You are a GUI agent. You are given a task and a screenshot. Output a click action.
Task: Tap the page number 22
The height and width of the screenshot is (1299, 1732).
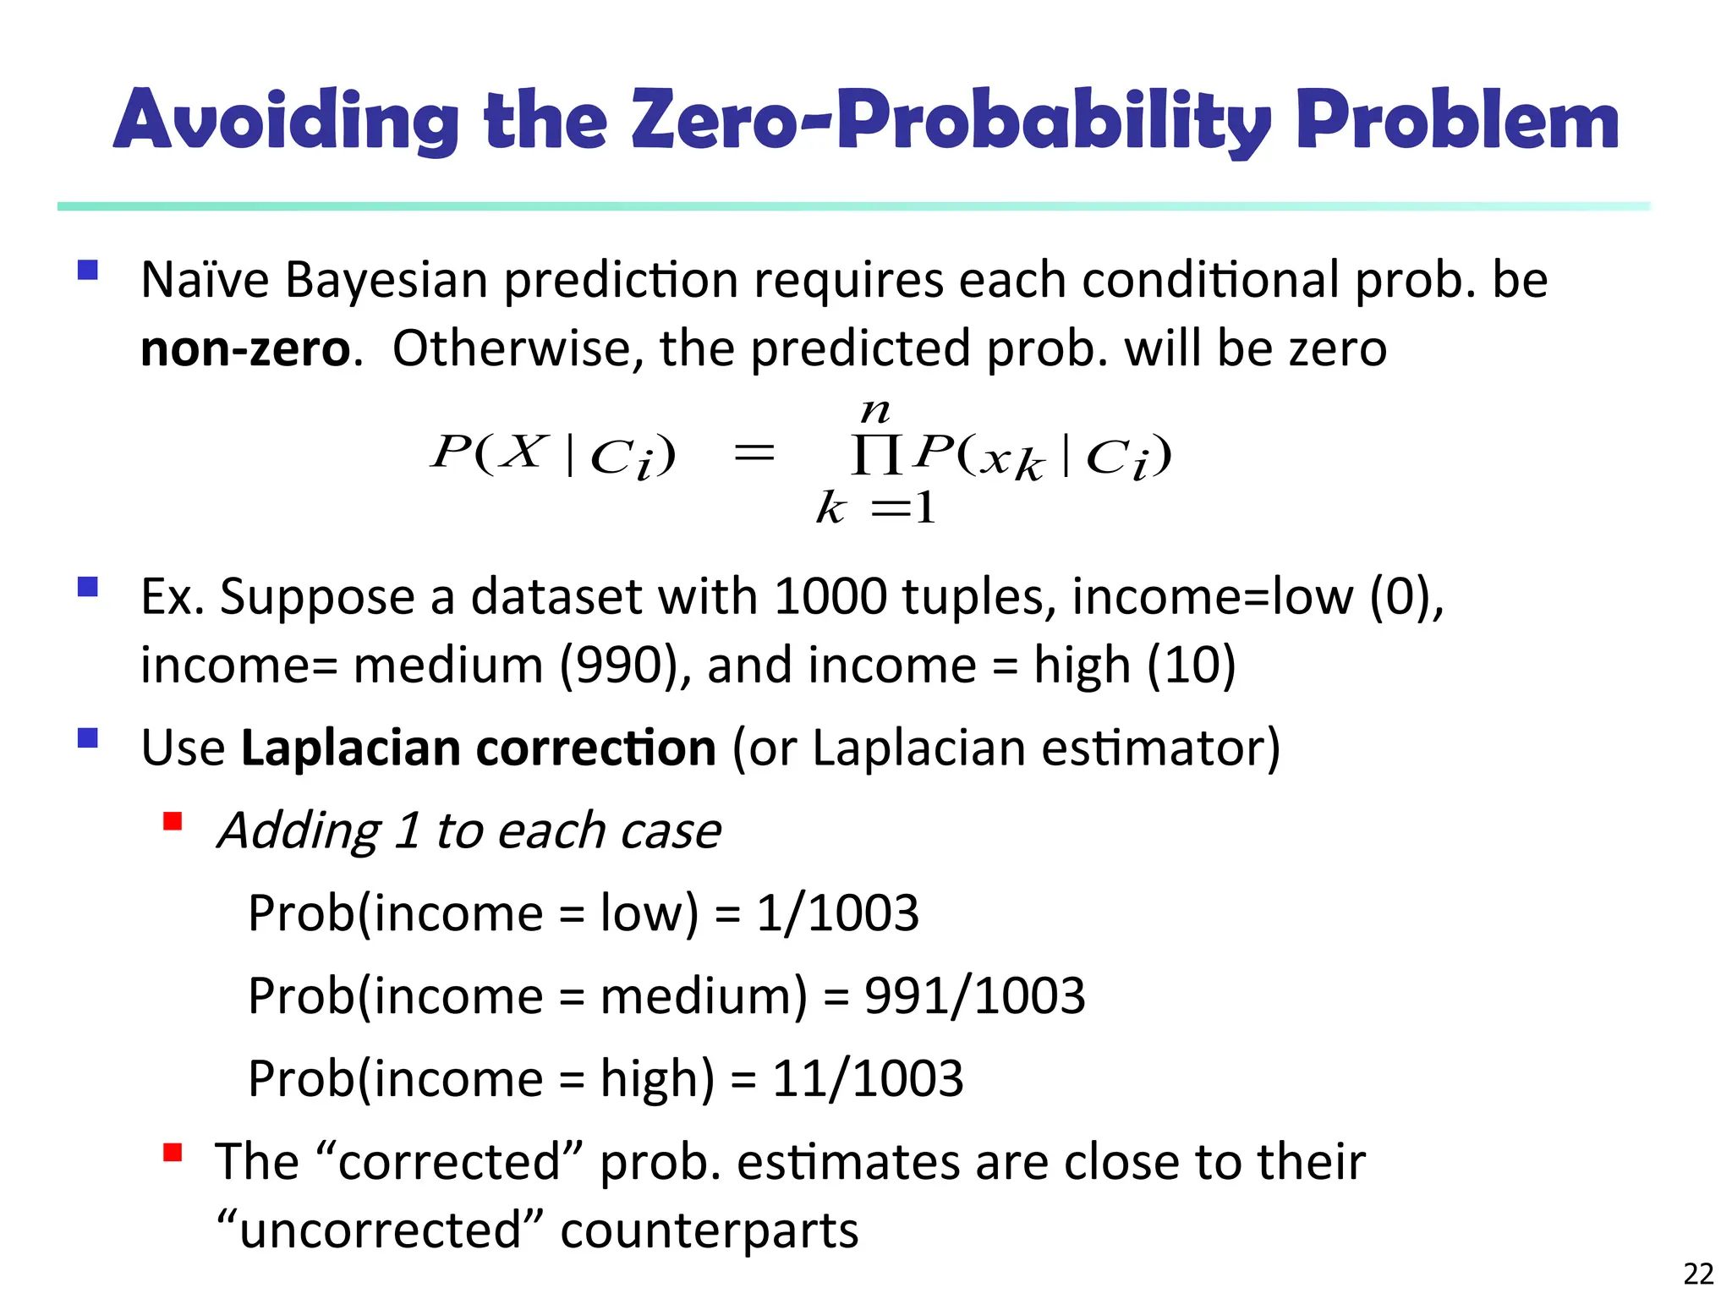[x=1698, y=1273]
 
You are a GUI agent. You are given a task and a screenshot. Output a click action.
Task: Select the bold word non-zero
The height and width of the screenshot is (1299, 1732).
[x=245, y=348]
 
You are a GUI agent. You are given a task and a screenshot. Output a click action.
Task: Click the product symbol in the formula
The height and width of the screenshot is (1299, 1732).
[x=876, y=456]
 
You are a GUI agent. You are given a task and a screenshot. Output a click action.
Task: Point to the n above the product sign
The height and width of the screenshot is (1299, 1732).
[x=875, y=412]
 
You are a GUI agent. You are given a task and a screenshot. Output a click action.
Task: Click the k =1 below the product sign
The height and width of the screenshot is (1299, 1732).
[x=876, y=508]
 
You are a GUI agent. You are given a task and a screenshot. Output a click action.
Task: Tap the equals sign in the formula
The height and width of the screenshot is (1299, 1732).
[x=754, y=454]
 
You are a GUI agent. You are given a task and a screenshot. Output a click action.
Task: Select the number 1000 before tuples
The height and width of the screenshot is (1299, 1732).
[x=830, y=596]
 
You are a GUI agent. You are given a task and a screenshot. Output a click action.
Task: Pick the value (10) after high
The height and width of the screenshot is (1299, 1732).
[x=1192, y=665]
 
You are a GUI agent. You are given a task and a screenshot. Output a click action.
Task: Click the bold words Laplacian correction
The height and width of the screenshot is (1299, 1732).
[x=479, y=748]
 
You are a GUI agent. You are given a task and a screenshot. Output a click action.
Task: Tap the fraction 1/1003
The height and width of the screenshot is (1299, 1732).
[x=837, y=913]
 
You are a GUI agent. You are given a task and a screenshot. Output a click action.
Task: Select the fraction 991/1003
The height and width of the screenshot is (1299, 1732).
[x=974, y=995]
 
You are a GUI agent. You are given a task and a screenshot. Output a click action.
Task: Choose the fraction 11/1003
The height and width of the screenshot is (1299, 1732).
[x=868, y=1078]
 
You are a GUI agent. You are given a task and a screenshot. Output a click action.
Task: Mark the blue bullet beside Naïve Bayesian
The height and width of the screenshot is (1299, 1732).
[x=87, y=270]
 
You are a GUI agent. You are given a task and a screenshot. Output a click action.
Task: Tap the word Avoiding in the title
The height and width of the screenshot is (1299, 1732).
[x=286, y=120]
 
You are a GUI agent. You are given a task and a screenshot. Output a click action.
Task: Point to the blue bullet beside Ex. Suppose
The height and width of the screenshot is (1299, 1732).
[x=87, y=587]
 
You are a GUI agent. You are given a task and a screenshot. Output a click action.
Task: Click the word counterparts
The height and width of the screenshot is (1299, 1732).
[x=709, y=1230]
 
